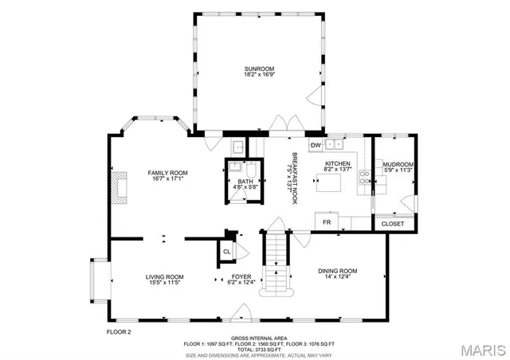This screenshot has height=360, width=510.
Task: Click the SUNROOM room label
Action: coord(259,69)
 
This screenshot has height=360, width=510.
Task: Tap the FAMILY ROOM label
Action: coord(167,173)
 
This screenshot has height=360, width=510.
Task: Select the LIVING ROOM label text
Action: coord(164,276)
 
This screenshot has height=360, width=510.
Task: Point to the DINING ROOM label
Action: coord(338,270)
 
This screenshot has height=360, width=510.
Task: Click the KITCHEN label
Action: coord(337,163)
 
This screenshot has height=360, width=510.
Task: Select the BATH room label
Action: coord(245,182)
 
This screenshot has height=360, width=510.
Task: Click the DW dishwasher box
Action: coord(316,145)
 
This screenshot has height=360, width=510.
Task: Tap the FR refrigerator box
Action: coord(325,221)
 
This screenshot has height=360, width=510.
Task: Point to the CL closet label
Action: coord(226,251)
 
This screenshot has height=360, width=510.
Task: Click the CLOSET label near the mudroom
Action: coord(393,224)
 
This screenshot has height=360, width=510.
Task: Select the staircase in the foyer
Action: coord(275,263)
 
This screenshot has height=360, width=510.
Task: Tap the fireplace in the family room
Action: coord(119,187)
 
